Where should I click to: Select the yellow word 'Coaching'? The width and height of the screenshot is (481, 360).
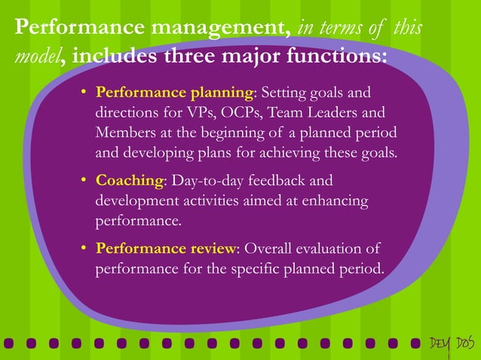(130, 182)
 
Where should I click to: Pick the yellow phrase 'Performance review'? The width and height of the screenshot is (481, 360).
(166, 248)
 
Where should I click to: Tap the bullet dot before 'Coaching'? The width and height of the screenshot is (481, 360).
(85, 182)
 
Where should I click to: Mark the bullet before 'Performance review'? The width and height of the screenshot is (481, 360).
(85, 249)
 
